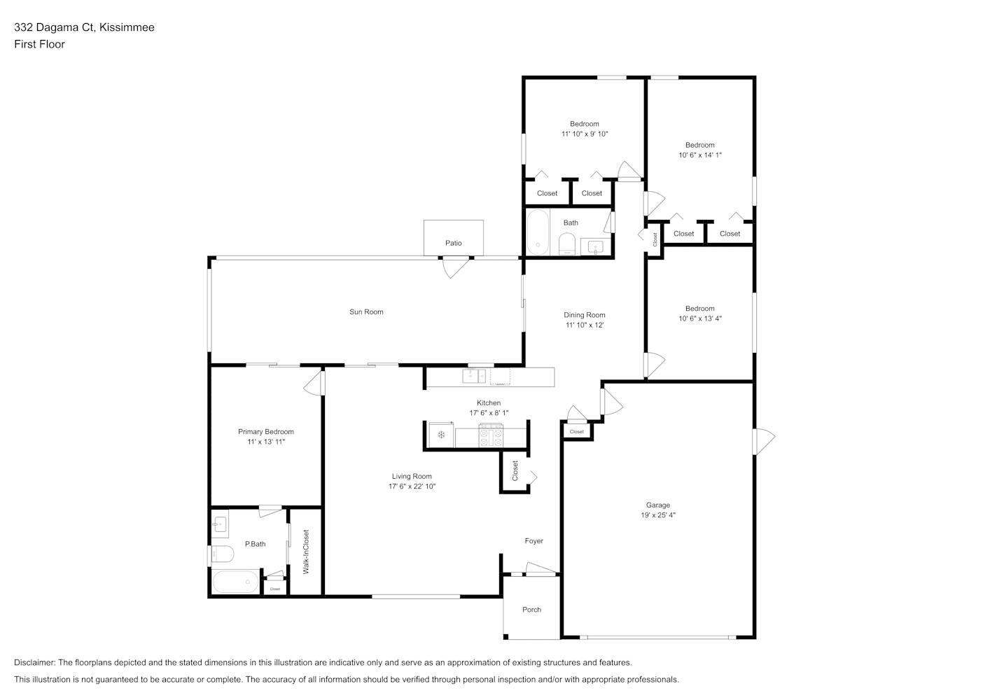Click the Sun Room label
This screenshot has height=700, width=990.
click(x=366, y=311)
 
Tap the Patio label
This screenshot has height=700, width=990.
click(x=453, y=243)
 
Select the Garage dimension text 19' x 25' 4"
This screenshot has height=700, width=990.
click(x=657, y=514)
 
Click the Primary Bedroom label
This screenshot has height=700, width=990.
click(x=265, y=431)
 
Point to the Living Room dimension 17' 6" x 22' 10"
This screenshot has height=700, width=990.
click(x=412, y=486)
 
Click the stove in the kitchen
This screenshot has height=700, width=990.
click(x=491, y=435)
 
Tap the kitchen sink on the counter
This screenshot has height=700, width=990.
click(x=474, y=376)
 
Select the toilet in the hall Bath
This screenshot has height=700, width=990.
click(x=566, y=244)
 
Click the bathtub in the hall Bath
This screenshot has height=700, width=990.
click(x=538, y=232)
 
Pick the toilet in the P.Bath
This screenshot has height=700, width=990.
click(x=223, y=554)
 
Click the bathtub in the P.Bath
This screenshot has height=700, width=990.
click(x=235, y=582)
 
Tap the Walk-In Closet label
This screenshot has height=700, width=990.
click(x=305, y=552)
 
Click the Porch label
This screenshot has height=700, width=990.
click(x=531, y=610)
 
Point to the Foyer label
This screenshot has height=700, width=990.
click(x=534, y=540)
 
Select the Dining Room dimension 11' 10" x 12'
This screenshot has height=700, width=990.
click(x=585, y=325)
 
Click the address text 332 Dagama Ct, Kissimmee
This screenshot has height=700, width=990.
click(x=84, y=27)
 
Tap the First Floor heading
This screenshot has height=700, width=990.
click(x=39, y=44)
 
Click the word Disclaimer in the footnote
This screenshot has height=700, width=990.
click(x=35, y=662)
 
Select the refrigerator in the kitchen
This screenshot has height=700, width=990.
click(x=441, y=435)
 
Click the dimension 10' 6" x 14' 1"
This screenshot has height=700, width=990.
click(x=699, y=155)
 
